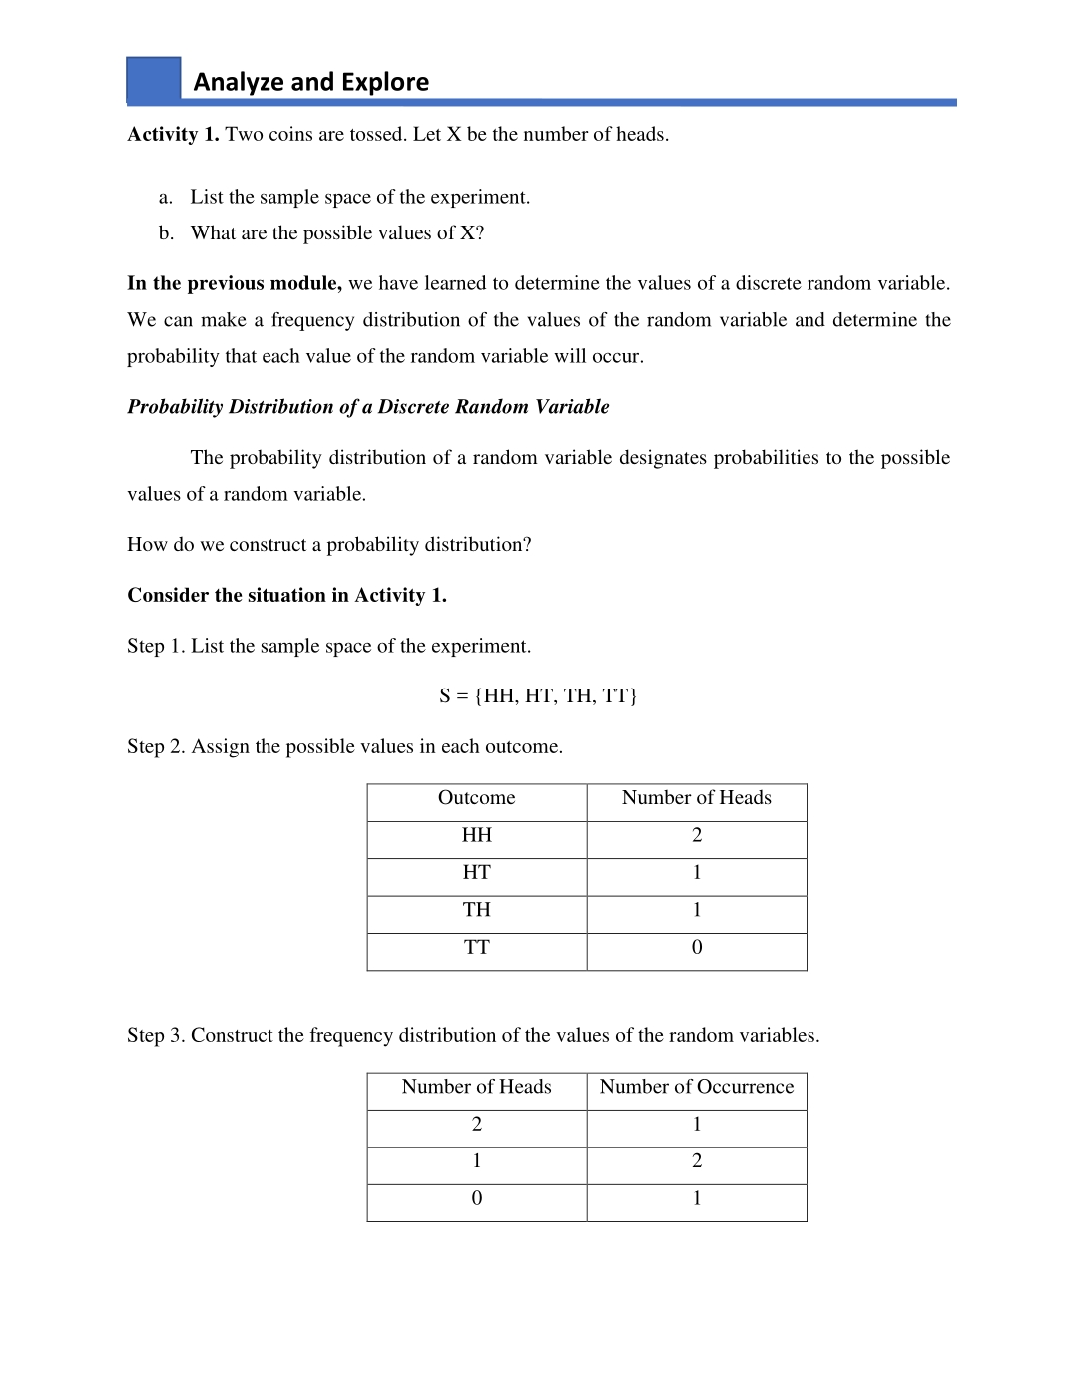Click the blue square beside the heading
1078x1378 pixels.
coord(153,79)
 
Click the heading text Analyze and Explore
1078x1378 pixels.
coord(310,82)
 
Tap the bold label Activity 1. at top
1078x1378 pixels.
coord(173,135)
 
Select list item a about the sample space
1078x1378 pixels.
coord(359,198)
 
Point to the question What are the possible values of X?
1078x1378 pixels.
coord(337,233)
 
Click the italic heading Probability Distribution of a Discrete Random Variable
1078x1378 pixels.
coord(367,407)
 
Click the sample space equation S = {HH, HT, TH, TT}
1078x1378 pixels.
coord(538,696)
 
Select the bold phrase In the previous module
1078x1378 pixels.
coord(235,284)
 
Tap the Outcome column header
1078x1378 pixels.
coord(476,798)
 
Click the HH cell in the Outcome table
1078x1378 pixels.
coord(476,836)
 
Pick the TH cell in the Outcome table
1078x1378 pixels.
coord(476,910)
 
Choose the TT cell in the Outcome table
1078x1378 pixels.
coord(476,948)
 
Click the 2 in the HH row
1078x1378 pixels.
coord(697,836)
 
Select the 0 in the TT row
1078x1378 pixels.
coord(697,948)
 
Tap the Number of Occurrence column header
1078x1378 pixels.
coord(697,1087)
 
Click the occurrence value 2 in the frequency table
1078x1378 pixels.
coord(697,1161)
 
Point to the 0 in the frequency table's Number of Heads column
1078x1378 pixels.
coord(476,1199)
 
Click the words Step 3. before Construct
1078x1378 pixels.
coord(156,1036)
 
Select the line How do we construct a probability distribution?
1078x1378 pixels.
coord(329,545)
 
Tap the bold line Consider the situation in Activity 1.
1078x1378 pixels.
coord(286,596)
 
